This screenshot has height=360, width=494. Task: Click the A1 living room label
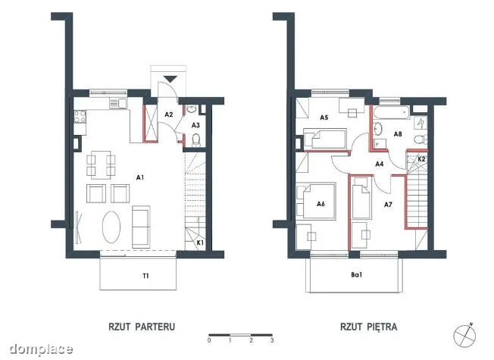140,177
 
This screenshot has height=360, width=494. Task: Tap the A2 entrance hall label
169,114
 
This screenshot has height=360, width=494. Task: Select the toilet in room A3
196,139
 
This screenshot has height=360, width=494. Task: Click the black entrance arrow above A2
170,79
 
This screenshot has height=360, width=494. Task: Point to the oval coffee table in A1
111,227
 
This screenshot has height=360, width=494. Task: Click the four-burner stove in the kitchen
80,117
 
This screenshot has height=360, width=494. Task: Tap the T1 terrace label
145,276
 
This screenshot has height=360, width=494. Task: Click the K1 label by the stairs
200,243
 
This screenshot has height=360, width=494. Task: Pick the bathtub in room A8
392,112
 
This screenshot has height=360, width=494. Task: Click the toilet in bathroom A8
421,139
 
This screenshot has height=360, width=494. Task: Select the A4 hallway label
380,164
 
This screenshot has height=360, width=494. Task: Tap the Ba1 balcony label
357,275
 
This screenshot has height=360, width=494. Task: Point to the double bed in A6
316,201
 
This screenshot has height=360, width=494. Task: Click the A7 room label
388,205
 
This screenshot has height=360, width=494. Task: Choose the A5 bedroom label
324,117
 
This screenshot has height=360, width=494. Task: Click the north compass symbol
464,334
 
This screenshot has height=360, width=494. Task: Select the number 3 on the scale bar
272,340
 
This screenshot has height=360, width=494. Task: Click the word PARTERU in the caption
155,327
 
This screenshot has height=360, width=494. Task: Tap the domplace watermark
41,349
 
